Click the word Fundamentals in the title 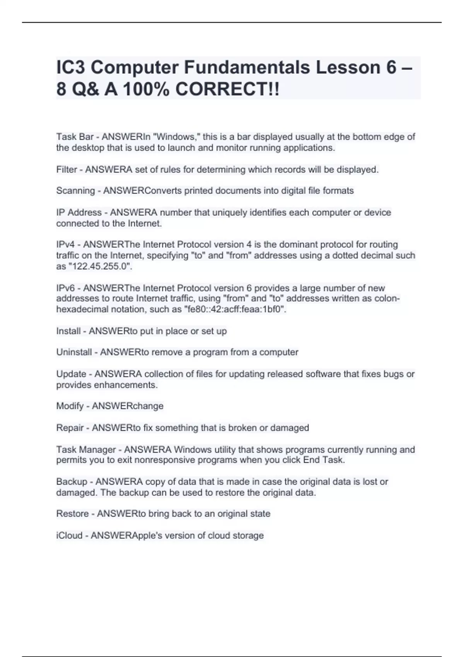point(247,67)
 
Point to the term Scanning point(75,191)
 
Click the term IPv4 point(65,245)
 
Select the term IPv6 point(65,288)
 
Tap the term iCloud point(69,536)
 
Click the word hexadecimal point(81,310)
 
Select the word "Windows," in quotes point(177,137)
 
